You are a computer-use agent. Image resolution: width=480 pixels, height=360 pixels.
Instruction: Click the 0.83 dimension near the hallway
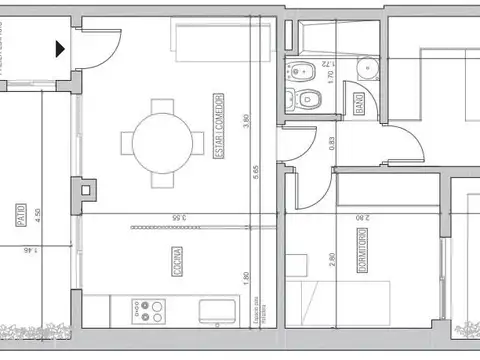pos(332,142)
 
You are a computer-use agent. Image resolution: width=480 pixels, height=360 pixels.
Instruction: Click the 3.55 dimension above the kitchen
pos(177,217)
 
